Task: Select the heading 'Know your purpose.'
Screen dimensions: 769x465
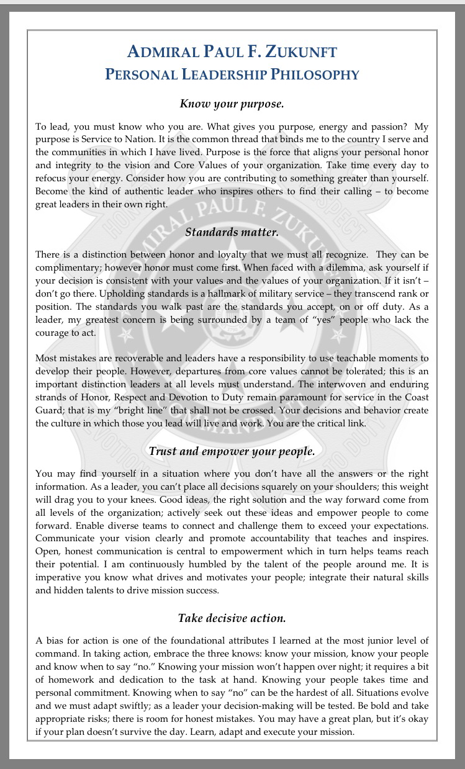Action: tap(232, 103)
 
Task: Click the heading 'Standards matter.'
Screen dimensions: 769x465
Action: tap(232, 233)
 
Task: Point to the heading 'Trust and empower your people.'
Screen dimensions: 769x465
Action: tap(232, 451)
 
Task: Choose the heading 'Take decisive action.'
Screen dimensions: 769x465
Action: tap(232, 618)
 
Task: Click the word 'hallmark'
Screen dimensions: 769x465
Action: tap(235, 294)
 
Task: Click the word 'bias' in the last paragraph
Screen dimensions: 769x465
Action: tap(56, 640)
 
